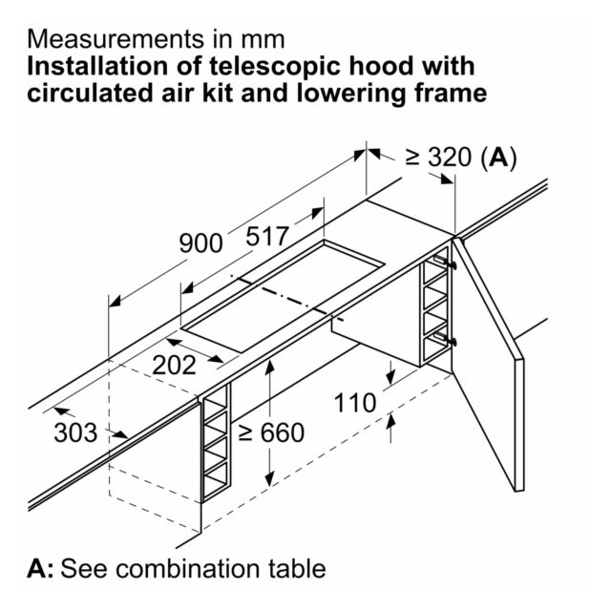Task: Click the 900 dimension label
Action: pos(200,243)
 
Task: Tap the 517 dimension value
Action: pos(267,236)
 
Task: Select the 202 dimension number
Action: pos(174,365)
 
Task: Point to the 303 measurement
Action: pos(75,432)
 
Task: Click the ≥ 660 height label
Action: pos(271,432)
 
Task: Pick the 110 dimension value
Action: pos(355,403)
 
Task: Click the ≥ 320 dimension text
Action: pos(438,157)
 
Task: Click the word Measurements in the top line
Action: pos(116,39)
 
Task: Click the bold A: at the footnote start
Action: pos(40,568)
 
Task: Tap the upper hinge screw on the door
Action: pos(453,265)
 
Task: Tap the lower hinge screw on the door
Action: pos(453,343)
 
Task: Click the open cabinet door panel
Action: pos(489,365)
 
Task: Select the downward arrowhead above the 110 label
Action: pos(390,375)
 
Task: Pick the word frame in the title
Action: pos(450,94)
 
